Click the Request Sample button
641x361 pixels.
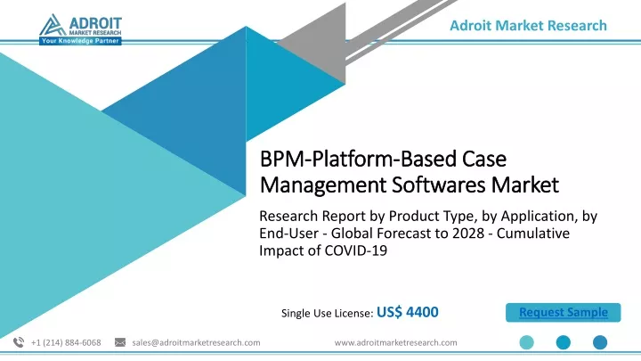tap(563, 312)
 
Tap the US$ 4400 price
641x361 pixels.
tap(407, 312)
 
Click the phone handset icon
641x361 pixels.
tap(19, 342)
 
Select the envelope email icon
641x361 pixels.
tap(120, 342)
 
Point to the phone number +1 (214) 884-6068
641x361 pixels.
tap(66, 342)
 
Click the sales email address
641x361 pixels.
tap(196, 342)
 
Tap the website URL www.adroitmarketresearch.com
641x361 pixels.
tap(395, 342)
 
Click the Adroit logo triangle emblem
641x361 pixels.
tap(52, 25)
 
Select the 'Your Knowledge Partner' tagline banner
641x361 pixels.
tap(80, 41)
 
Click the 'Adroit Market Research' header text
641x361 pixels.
tap(528, 25)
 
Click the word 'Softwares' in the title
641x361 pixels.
tap(439, 185)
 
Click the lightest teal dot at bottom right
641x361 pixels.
tap(526, 342)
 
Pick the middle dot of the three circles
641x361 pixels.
tap(564, 342)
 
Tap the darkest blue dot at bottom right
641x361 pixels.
tap(600, 342)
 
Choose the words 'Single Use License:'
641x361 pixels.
tap(327, 313)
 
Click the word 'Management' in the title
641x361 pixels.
tap(323, 185)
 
